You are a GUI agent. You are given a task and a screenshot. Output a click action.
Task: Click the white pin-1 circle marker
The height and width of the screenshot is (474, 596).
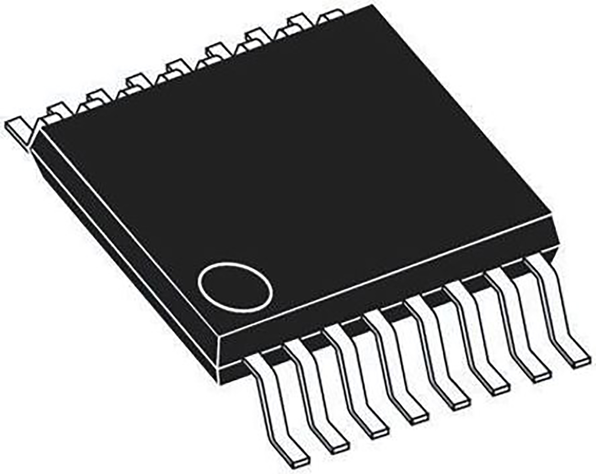pyautogui.click(x=234, y=287)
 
